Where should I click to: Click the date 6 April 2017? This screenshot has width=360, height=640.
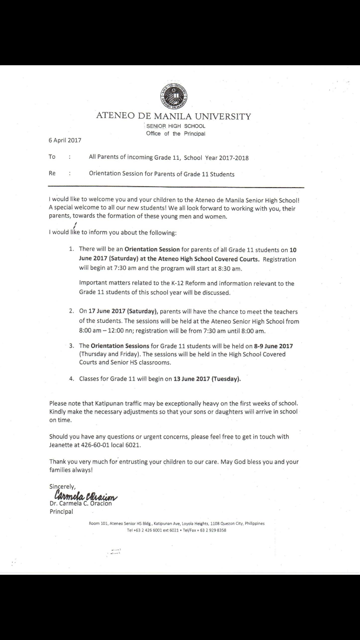tap(65, 141)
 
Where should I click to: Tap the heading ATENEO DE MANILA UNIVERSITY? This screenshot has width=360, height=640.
tap(174, 116)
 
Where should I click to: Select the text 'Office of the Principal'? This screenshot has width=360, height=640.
tap(176, 134)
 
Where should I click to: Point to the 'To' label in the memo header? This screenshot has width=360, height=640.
tap(52, 157)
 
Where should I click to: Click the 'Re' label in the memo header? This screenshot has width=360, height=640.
tap(52, 174)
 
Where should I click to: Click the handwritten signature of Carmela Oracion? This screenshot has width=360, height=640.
tap(85, 495)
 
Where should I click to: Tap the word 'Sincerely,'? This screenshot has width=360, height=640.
tap(62, 486)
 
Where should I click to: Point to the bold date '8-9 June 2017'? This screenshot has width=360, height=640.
tap(273, 345)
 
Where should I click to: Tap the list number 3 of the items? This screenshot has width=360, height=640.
tap(71, 345)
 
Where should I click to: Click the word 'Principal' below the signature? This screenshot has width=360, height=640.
tap(61, 511)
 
